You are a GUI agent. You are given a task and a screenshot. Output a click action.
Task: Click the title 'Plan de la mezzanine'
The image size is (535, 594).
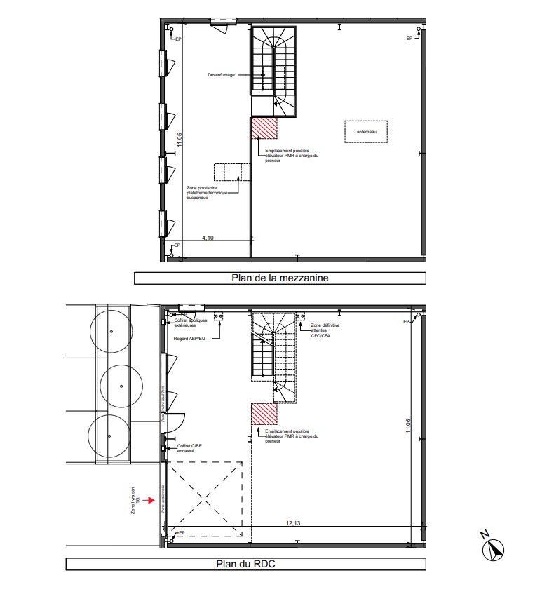tap(280, 278)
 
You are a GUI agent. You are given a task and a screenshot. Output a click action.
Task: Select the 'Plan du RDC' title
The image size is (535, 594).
tap(245, 563)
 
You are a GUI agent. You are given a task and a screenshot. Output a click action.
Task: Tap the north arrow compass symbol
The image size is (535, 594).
tap(496, 549)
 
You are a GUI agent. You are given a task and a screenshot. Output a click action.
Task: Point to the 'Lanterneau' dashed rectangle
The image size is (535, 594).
tap(366, 131)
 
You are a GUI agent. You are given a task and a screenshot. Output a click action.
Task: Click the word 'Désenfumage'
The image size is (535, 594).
tap(222, 74)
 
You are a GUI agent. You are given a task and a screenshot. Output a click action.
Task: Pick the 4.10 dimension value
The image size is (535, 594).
tap(208, 238)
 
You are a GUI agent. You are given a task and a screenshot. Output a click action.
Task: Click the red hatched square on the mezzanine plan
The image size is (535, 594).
tap(264, 128)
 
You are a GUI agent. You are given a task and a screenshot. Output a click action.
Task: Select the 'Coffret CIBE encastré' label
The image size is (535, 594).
tap(189, 447)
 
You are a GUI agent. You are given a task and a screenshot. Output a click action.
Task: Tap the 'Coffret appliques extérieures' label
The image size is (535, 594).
tap(191, 323)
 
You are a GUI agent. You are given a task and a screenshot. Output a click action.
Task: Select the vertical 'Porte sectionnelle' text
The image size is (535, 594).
tap(163, 501)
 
